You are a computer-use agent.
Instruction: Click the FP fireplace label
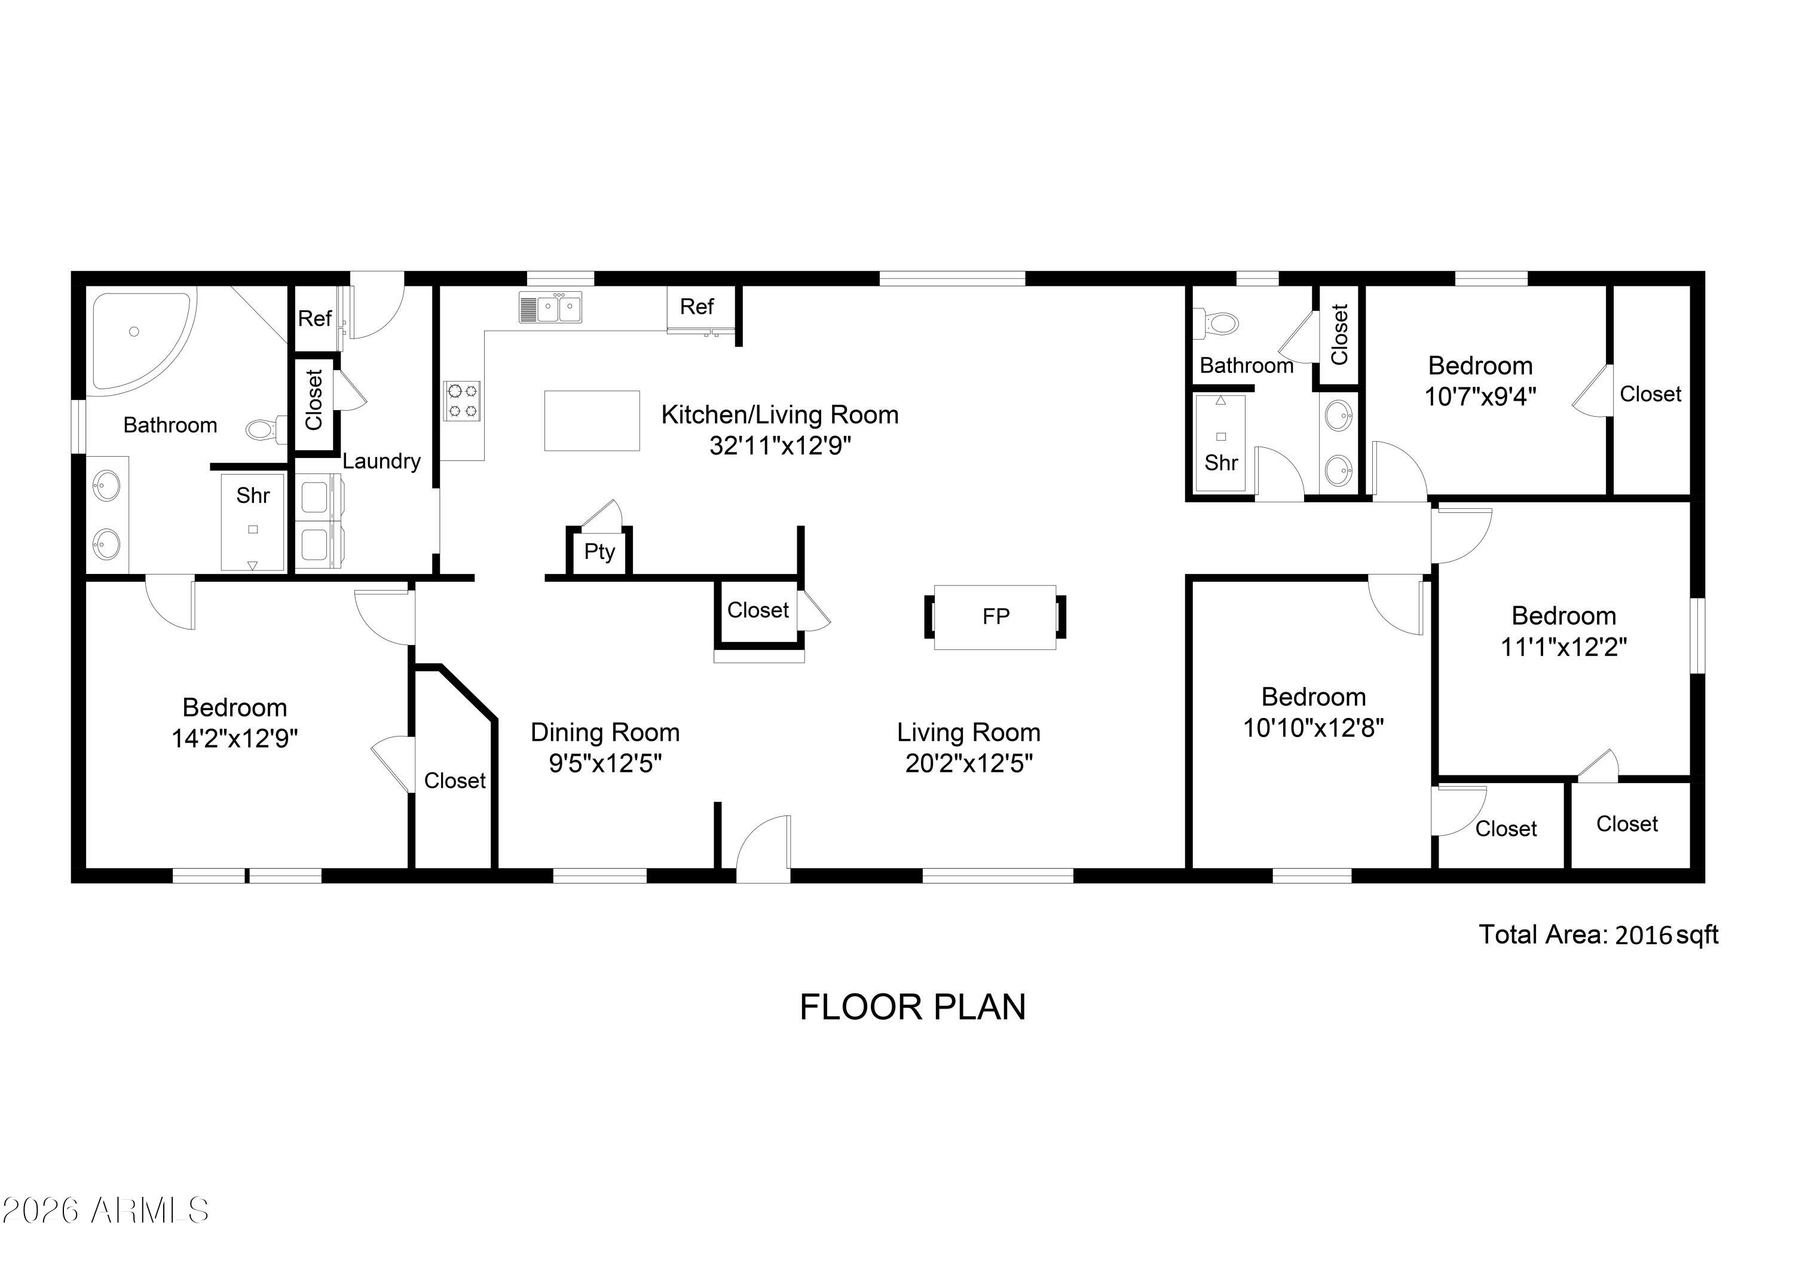coord(996,616)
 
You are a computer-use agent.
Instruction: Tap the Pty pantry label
coord(599,552)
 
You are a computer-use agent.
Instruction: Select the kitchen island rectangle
coord(592,420)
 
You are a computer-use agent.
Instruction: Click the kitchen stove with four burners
coord(463,400)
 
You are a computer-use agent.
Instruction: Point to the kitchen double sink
coord(550,307)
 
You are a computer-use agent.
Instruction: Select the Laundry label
coord(381,461)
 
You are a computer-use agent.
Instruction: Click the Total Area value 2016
coord(1643,935)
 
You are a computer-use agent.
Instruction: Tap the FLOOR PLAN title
coord(912,1007)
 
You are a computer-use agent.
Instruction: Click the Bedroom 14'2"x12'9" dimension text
coord(234,738)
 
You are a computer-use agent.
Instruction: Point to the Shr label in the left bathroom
coord(253,496)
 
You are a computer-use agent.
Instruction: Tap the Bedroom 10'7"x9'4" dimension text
coord(1480,397)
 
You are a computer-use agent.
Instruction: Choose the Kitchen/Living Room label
coord(779,415)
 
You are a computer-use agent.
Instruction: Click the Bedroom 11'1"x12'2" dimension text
coord(1563,647)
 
